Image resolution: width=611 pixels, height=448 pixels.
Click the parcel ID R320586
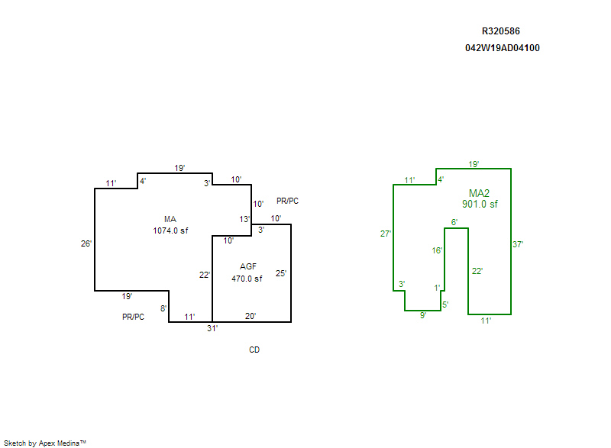point(501,31)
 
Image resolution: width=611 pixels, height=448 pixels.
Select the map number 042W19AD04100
point(503,48)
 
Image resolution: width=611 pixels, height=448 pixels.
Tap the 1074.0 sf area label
point(170,230)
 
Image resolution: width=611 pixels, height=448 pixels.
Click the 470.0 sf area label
point(247,279)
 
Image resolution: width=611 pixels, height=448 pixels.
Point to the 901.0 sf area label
point(480,204)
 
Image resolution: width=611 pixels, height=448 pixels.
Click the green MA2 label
point(479,193)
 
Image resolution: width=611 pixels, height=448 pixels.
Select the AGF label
point(247,266)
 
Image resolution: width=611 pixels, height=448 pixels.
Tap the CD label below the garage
point(254,350)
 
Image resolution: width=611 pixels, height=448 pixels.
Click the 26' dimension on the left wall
point(86,243)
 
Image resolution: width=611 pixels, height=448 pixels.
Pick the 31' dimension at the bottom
point(212,328)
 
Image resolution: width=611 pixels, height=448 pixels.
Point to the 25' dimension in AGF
point(281,273)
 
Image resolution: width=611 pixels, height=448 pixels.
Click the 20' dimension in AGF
point(251,316)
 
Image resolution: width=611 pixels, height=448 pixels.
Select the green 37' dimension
point(518,244)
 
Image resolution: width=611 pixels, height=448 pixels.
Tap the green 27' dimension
point(386,234)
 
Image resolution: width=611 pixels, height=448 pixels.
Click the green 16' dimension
point(437,250)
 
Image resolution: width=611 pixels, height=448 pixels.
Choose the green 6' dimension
point(454,222)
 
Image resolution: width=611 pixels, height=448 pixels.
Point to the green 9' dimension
point(423,315)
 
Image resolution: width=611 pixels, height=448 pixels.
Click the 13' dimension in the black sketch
point(244,219)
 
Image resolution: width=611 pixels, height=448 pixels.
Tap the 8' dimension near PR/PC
point(163,308)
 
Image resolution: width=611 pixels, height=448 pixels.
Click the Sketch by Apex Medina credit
point(45,443)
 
